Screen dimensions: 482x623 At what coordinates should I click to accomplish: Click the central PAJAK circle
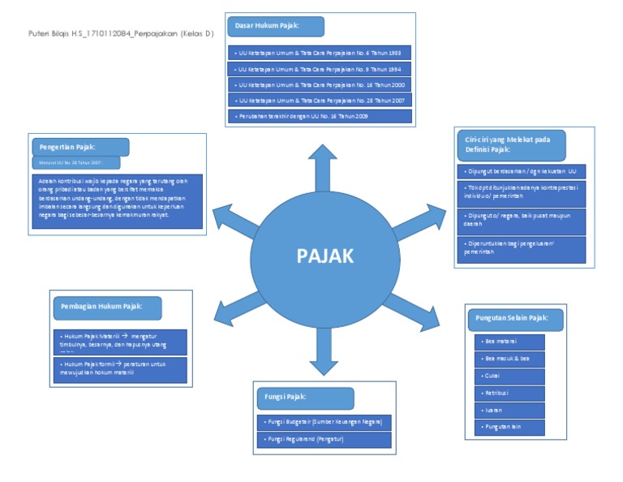(324, 256)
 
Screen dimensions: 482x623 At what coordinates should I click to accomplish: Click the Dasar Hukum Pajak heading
(276, 26)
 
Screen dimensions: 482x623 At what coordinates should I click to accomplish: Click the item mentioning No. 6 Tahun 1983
(320, 53)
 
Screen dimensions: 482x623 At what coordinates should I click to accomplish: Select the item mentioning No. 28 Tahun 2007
(320, 100)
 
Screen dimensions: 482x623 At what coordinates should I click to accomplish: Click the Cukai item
(509, 376)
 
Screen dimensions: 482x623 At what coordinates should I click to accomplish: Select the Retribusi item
(509, 393)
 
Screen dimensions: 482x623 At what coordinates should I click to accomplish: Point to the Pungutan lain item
(509, 427)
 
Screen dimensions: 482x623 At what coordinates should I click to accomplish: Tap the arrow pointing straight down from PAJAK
(324, 350)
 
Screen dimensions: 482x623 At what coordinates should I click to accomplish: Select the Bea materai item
(509, 341)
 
